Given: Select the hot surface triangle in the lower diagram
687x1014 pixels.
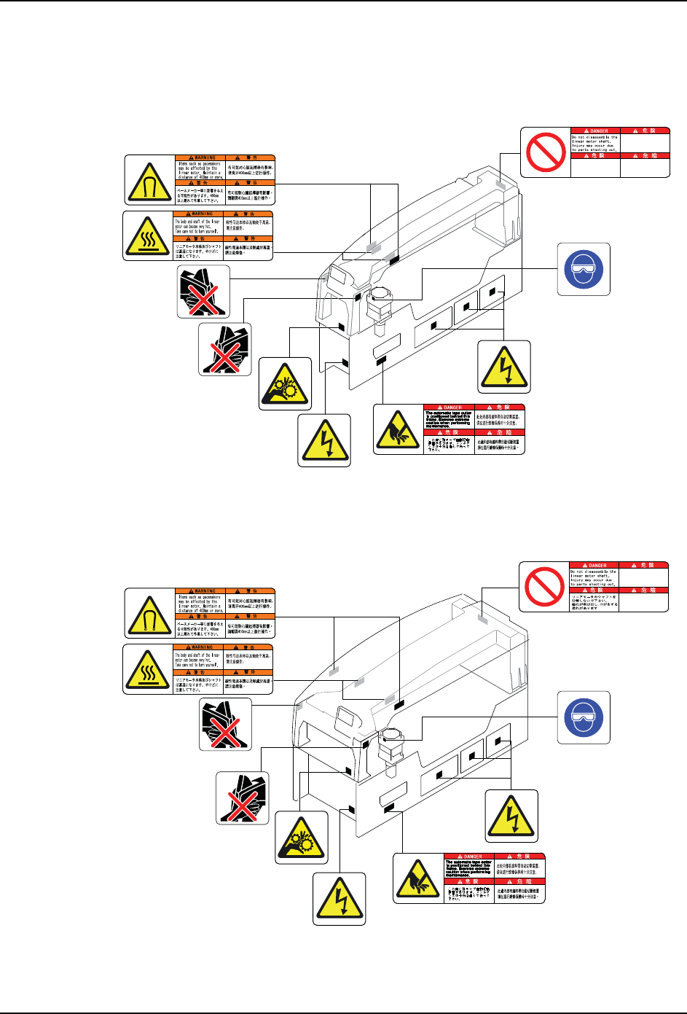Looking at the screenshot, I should tap(149, 668).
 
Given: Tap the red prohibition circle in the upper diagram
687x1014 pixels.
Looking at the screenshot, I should tap(545, 152).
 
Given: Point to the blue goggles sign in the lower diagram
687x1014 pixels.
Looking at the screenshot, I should tap(584, 717).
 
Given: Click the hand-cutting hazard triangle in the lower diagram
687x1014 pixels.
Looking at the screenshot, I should tap(417, 878).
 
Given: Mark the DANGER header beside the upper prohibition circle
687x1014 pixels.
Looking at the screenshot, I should tap(594, 131).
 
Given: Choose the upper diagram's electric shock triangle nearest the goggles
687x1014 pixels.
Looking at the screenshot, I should tap(504, 367).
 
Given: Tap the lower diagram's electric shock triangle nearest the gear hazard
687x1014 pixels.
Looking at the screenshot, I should tap(339, 899).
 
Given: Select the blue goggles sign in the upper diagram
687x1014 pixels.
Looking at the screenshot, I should tap(584, 269).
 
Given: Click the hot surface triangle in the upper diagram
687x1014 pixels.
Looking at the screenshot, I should tap(149, 235).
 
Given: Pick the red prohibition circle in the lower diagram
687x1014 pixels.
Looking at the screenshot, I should tap(544, 586).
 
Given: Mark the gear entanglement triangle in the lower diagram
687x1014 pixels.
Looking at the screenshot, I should tap(302, 838).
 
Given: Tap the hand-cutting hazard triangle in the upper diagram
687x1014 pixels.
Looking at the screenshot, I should tap(398, 429).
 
